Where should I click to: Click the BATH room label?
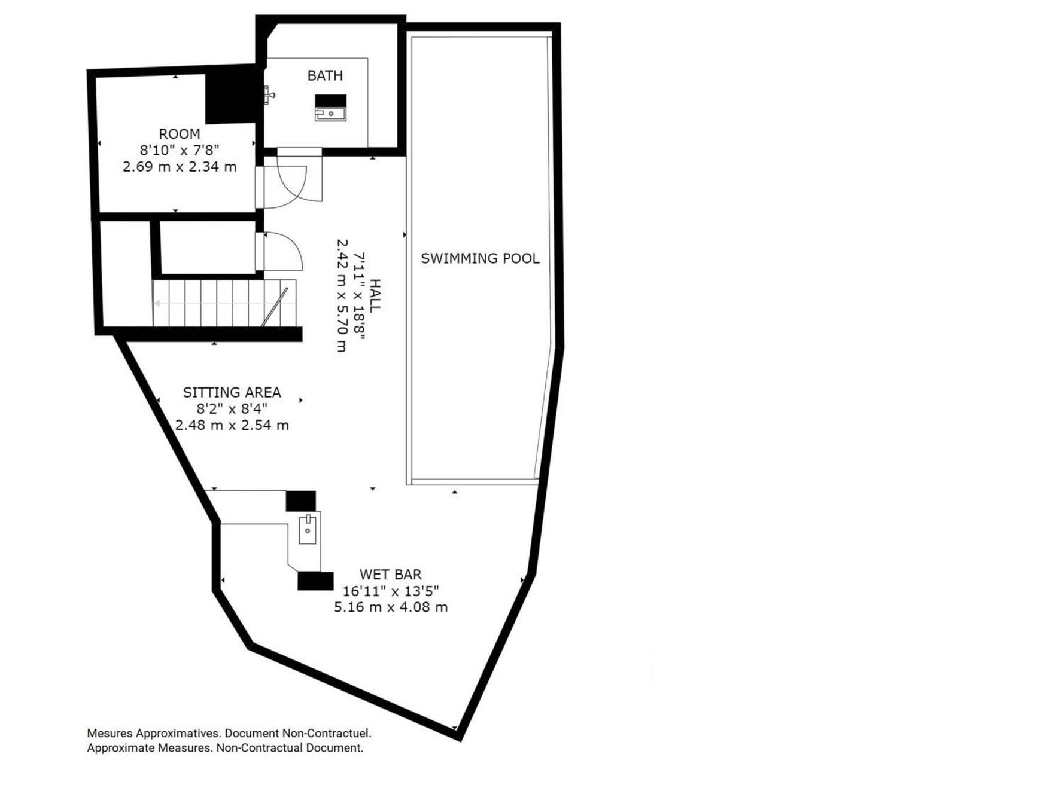(x=325, y=75)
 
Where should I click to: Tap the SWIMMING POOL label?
(x=480, y=258)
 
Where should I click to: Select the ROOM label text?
(x=180, y=134)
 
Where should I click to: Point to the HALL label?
(x=375, y=295)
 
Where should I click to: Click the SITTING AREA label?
(x=232, y=392)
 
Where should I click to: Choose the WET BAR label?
(x=391, y=574)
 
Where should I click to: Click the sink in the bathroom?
(x=330, y=113)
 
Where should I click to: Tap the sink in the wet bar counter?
(x=308, y=529)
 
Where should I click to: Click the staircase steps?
(x=224, y=303)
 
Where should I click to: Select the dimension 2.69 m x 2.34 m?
(x=180, y=167)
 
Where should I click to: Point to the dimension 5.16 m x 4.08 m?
(x=391, y=607)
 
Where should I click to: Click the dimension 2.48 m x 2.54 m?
(x=232, y=425)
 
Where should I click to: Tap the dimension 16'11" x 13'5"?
(x=391, y=591)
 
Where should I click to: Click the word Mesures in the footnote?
(x=110, y=733)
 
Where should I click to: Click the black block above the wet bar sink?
(x=300, y=501)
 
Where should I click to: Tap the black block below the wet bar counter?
(x=315, y=581)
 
